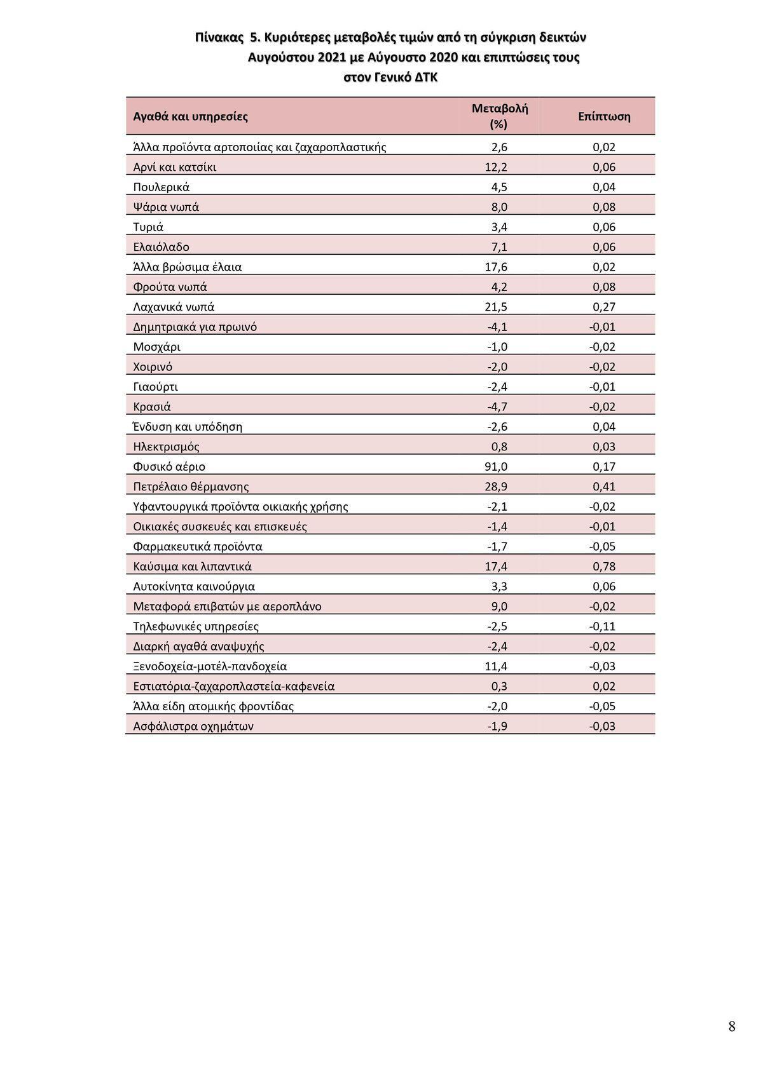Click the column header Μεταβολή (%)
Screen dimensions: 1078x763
pos(499,116)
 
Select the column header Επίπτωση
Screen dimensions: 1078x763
pos(604,116)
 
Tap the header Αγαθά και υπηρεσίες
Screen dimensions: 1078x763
pos(191,116)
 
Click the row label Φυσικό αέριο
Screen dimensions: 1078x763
pos(169,467)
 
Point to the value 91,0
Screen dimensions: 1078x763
pos(496,467)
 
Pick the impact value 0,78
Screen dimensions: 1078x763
pos(604,567)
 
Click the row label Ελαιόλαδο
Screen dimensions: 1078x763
pos(162,247)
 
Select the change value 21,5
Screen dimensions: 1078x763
pos(496,307)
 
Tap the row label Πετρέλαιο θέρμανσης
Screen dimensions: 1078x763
pos(191,487)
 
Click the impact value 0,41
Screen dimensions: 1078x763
pos(604,487)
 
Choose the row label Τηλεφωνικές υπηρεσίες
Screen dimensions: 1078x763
pos(196,626)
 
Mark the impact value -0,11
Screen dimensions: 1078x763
pos(602,626)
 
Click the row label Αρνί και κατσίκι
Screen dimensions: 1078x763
pos(175,167)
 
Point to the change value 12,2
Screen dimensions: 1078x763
pos(496,167)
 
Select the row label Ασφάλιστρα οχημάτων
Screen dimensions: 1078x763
pos(193,726)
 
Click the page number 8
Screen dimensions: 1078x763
pos(732,1026)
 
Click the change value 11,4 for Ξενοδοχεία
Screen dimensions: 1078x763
pos(496,666)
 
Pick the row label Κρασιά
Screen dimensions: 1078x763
pos(152,407)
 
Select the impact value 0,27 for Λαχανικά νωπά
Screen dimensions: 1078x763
pos(604,307)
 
